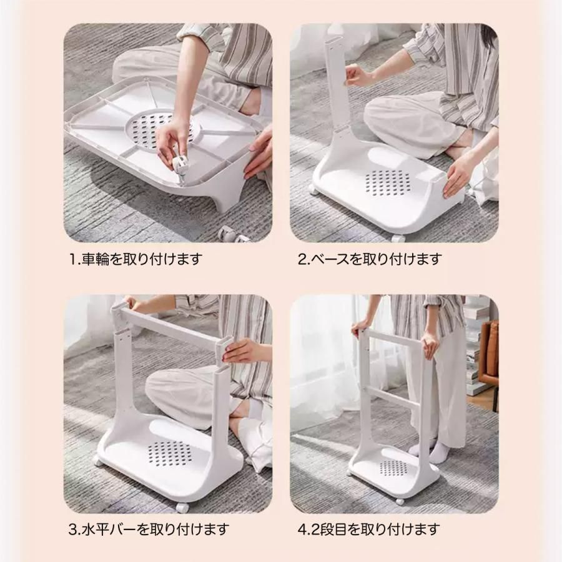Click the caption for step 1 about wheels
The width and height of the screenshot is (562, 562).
[136, 259]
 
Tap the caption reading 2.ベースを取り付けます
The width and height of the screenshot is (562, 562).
[369, 259]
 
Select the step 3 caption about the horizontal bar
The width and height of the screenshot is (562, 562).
[149, 529]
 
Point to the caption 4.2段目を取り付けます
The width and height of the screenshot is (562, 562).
[369, 529]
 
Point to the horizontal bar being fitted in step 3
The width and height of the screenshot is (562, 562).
[172, 327]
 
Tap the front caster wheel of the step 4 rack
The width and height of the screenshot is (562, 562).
[399, 501]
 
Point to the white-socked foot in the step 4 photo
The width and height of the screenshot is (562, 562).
[437, 452]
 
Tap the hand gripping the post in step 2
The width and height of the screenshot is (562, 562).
[357, 76]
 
